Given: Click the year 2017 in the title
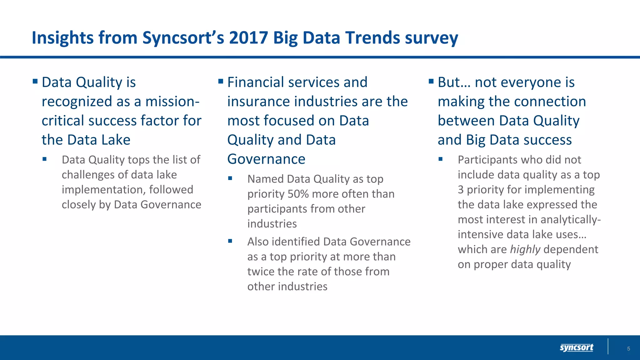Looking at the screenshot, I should tap(248, 38).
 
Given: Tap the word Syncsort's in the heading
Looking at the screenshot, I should tap(183, 38).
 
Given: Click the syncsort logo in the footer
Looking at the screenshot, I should tap(576, 347).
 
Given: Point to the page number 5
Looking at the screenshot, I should tap(628, 349).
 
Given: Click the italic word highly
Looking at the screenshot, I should tap(525, 249).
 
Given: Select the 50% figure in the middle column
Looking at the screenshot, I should tap(298, 194).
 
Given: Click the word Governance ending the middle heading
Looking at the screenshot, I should tap(266, 159).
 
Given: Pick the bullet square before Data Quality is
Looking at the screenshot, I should tap(35, 82).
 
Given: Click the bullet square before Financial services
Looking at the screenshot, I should tap(221, 82).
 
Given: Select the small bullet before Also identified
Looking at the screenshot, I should tap(230, 241).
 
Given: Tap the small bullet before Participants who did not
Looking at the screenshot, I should tap(440, 159).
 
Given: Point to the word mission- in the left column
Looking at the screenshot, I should tap(172, 102).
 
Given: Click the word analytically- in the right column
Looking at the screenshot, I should tap(570, 220).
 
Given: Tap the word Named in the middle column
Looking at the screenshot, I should tap(265, 179).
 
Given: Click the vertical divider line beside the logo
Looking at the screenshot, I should tap(608, 346).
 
